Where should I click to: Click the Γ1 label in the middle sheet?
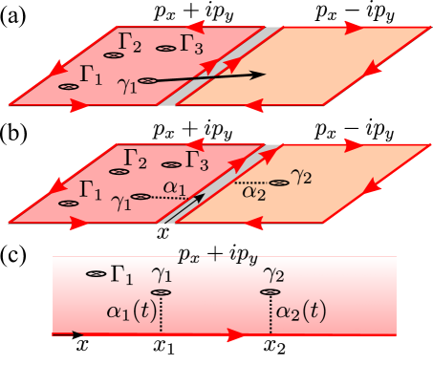click(x=92, y=190)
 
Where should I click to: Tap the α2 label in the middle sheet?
click(x=253, y=192)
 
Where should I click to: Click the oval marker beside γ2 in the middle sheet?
click(x=279, y=182)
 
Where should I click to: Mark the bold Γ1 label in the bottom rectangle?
click(x=121, y=275)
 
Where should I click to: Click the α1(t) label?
click(x=132, y=311)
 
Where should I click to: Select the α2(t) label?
click(x=300, y=311)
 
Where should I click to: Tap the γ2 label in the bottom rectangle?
click(x=273, y=274)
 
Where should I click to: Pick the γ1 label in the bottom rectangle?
click(x=162, y=274)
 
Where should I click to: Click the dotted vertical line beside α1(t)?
click(x=162, y=313)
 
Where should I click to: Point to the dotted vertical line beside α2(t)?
click(x=271, y=313)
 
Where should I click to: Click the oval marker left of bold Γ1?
click(x=96, y=274)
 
